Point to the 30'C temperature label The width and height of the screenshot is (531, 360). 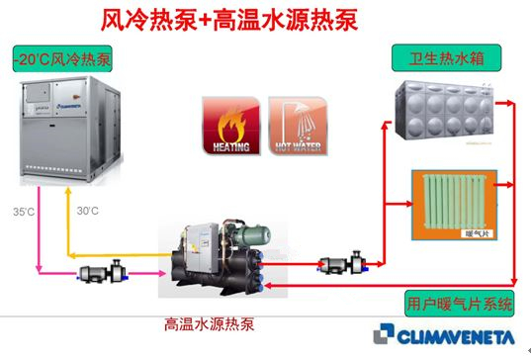(x=88, y=211)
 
